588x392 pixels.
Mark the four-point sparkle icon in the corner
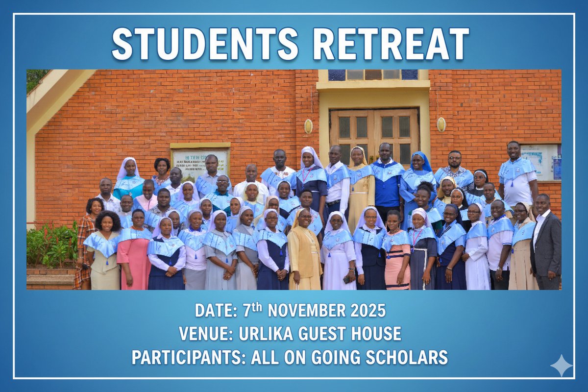pyautogui.click(x=561, y=366)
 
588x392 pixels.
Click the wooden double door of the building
pyautogui.click(x=373, y=132)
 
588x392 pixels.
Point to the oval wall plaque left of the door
pyautogui.click(x=308, y=126)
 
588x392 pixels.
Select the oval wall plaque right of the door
pyautogui.click(x=441, y=124)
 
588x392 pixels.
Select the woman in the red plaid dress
pyautogui.click(x=85, y=240)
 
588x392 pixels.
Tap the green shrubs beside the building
pyautogui.click(x=49, y=245)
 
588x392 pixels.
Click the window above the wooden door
pyautogui.click(x=373, y=74)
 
